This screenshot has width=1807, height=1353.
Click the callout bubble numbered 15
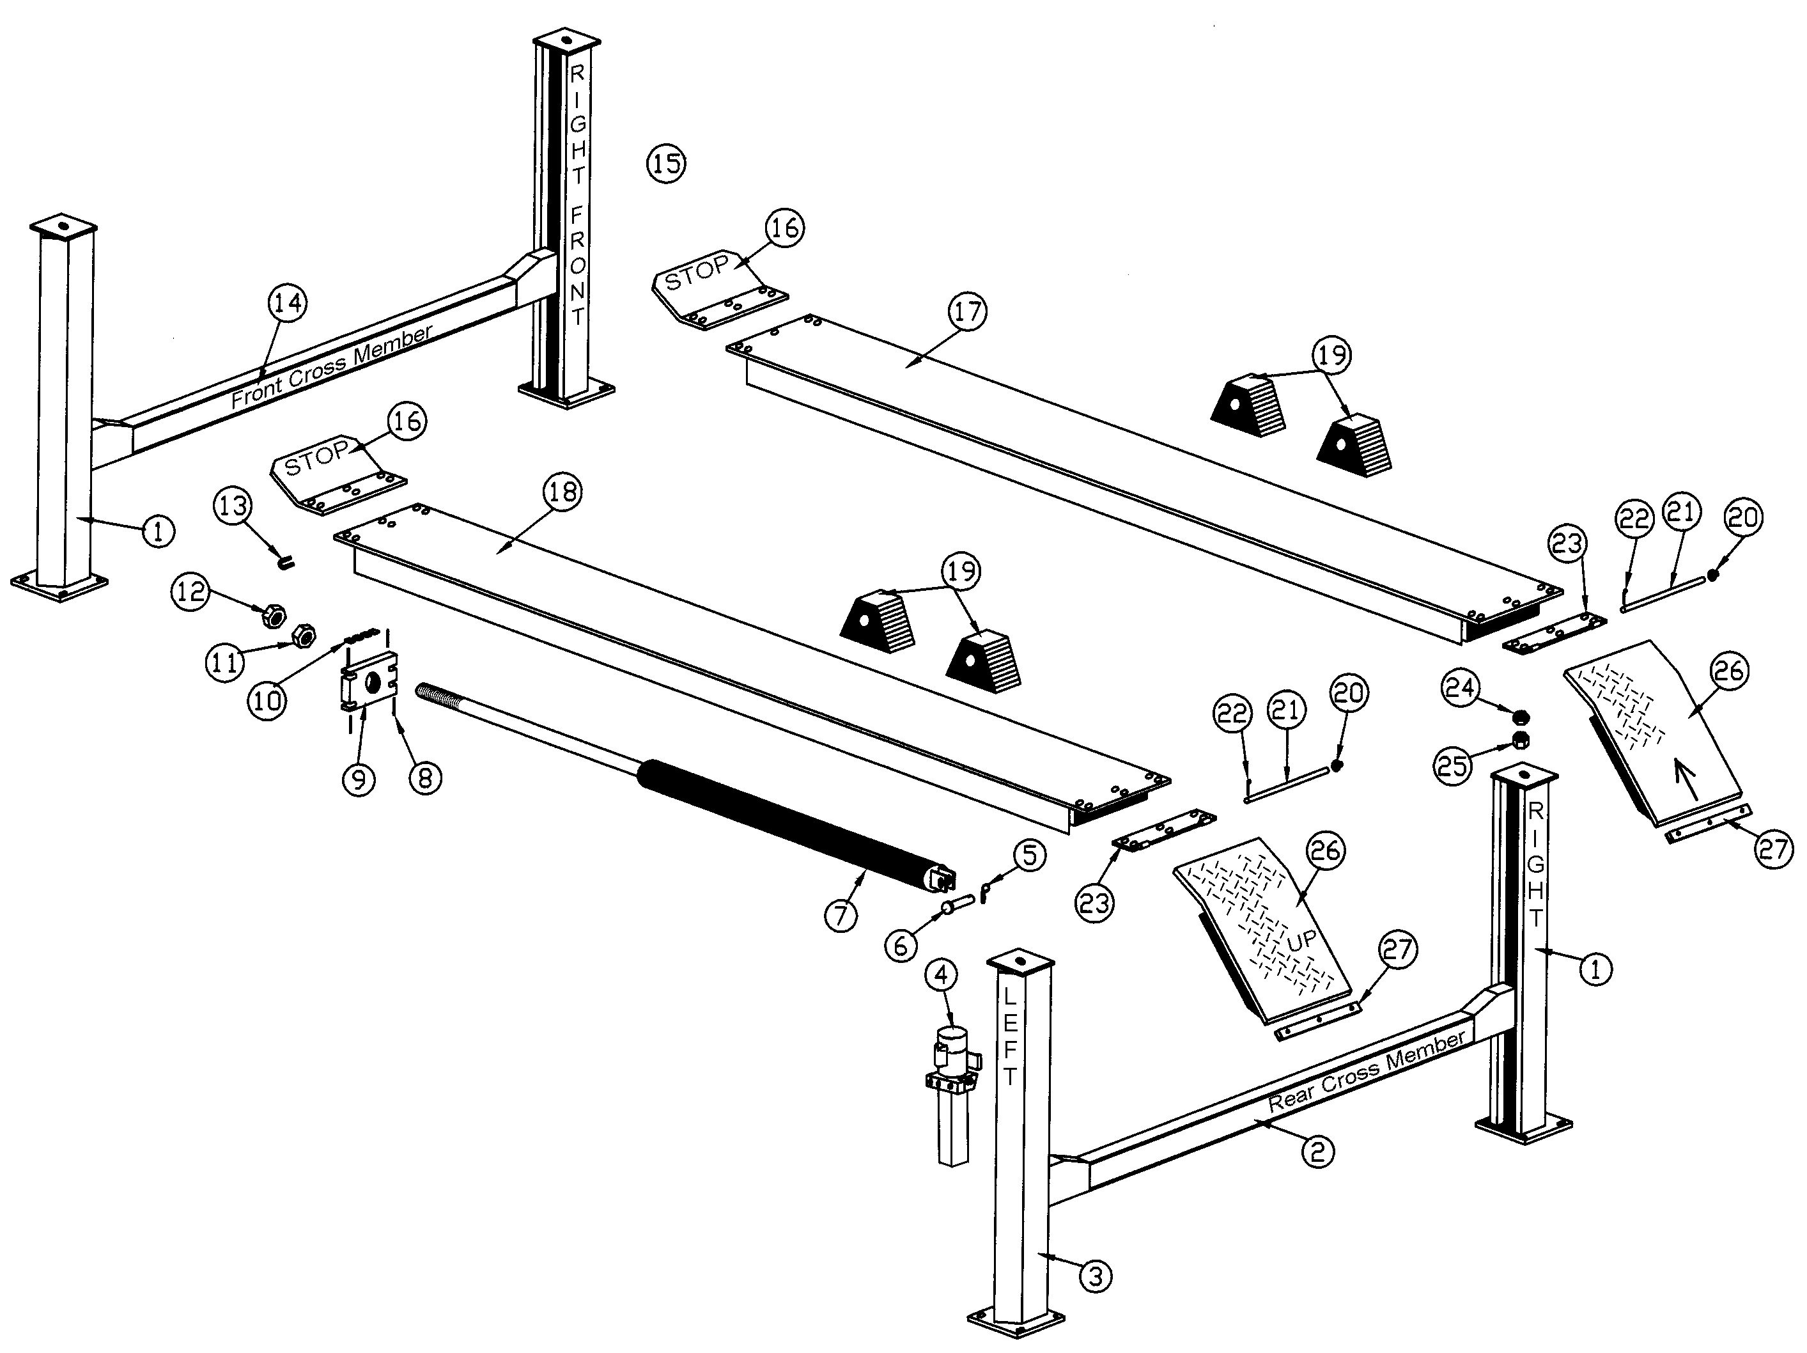pyautogui.click(x=666, y=164)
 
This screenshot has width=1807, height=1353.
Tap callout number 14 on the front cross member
pyautogui.click(x=287, y=303)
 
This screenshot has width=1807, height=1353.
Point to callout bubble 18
pyautogui.click(x=562, y=492)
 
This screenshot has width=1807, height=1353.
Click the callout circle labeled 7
pyautogui.click(x=841, y=914)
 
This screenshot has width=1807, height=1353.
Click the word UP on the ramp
pyautogui.click(x=1301, y=941)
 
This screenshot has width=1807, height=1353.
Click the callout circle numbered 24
pyautogui.click(x=1461, y=687)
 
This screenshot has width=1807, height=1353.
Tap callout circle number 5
pyautogui.click(x=1028, y=855)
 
